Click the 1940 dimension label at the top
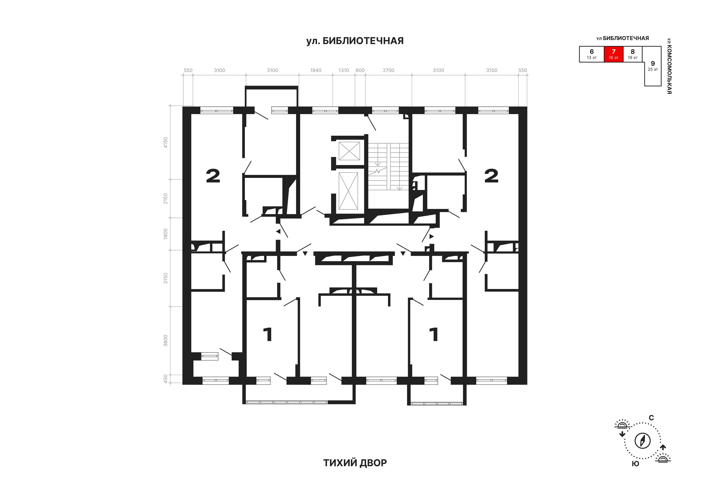pos(316,70)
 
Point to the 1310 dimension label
pos(344,70)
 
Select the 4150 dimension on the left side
pos(165,142)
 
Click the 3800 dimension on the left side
pos(165,341)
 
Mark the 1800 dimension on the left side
pos(165,234)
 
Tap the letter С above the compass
pos(651,418)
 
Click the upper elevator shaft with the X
pos(349,151)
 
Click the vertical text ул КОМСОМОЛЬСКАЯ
pos(669,66)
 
